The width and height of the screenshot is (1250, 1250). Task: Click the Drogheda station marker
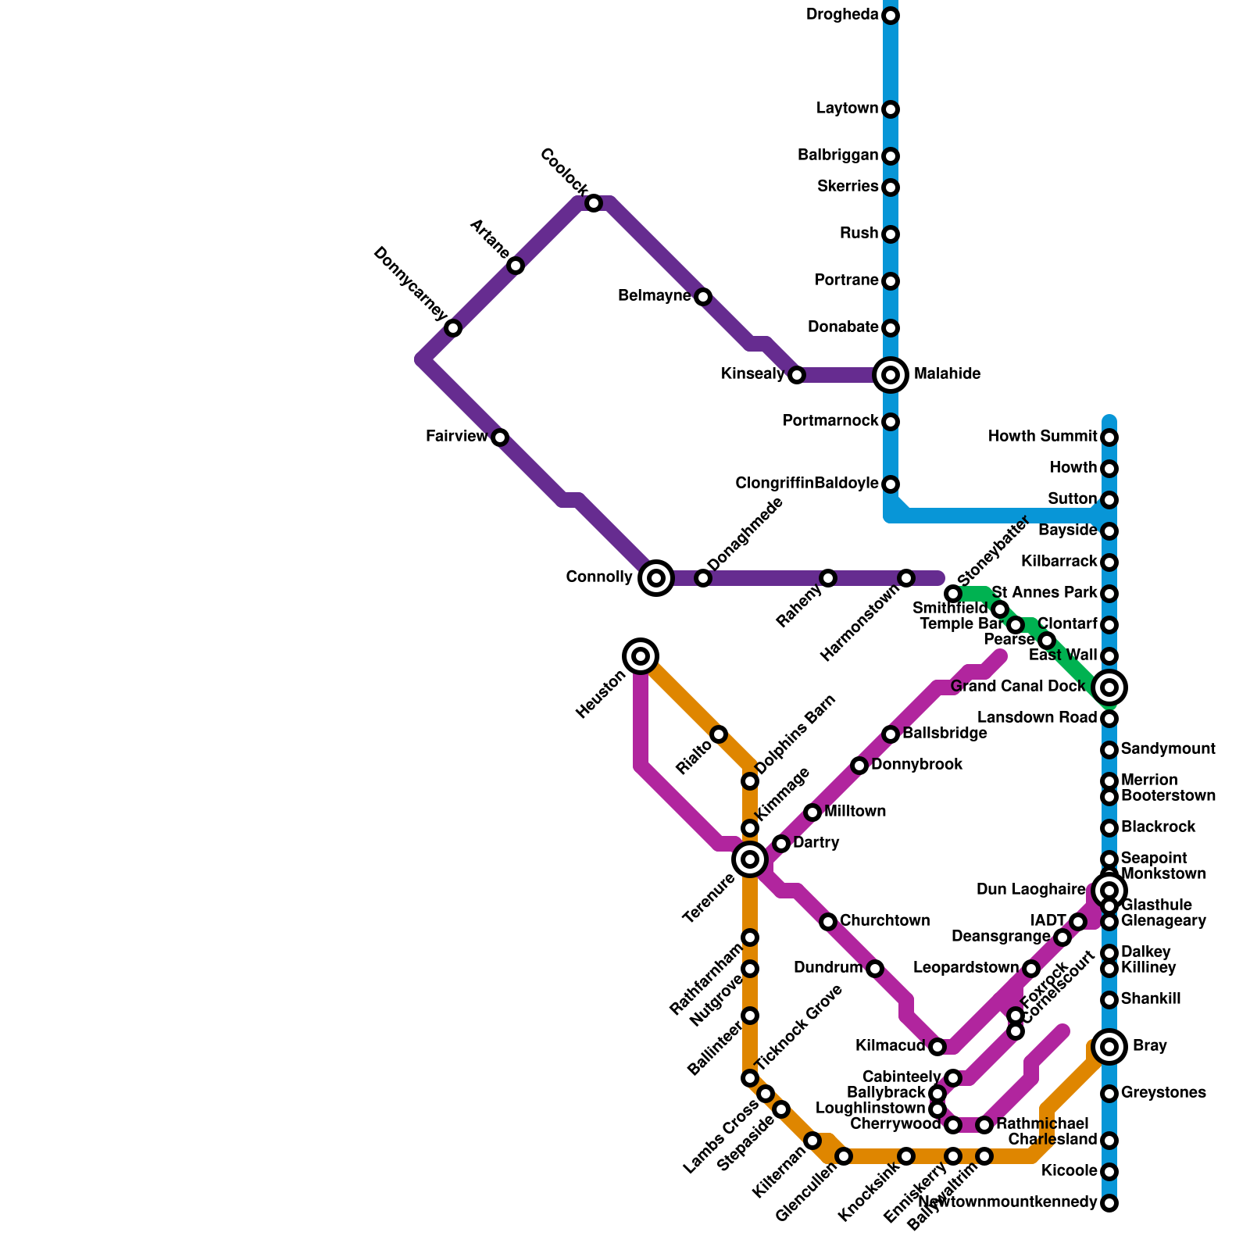[x=891, y=16]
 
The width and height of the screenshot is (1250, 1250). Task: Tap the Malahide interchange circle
[x=891, y=375]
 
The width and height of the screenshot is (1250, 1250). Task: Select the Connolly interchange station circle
[x=656, y=578]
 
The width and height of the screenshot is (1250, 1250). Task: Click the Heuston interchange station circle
[x=641, y=656]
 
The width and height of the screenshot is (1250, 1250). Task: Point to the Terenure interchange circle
[x=750, y=859]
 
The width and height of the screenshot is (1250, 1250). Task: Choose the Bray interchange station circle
[x=1109, y=1046]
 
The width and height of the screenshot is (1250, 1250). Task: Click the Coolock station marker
[x=594, y=203]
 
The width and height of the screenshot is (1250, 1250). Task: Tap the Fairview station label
[x=456, y=437]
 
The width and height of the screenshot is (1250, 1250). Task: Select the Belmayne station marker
[x=703, y=297]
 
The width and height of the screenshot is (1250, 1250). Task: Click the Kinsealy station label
[x=752, y=374]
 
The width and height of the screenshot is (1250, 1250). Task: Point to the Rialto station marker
[x=719, y=734]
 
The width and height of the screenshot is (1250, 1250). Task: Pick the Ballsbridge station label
[x=945, y=734]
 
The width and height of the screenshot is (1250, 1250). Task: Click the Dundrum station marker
[x=875, y=969]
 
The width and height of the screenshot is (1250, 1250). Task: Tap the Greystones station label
[x=1163, y=1093]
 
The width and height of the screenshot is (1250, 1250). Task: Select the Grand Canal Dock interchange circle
[x=1109, y=687]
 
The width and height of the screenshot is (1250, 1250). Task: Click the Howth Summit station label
[x=1042, y=436]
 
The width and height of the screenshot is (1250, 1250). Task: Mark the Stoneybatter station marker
[x=953, y=594]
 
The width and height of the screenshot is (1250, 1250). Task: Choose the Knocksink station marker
[x=906, y=1156]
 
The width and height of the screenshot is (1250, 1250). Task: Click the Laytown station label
[x=847, y=109]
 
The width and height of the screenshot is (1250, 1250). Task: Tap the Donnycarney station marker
[x=453, y=328]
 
